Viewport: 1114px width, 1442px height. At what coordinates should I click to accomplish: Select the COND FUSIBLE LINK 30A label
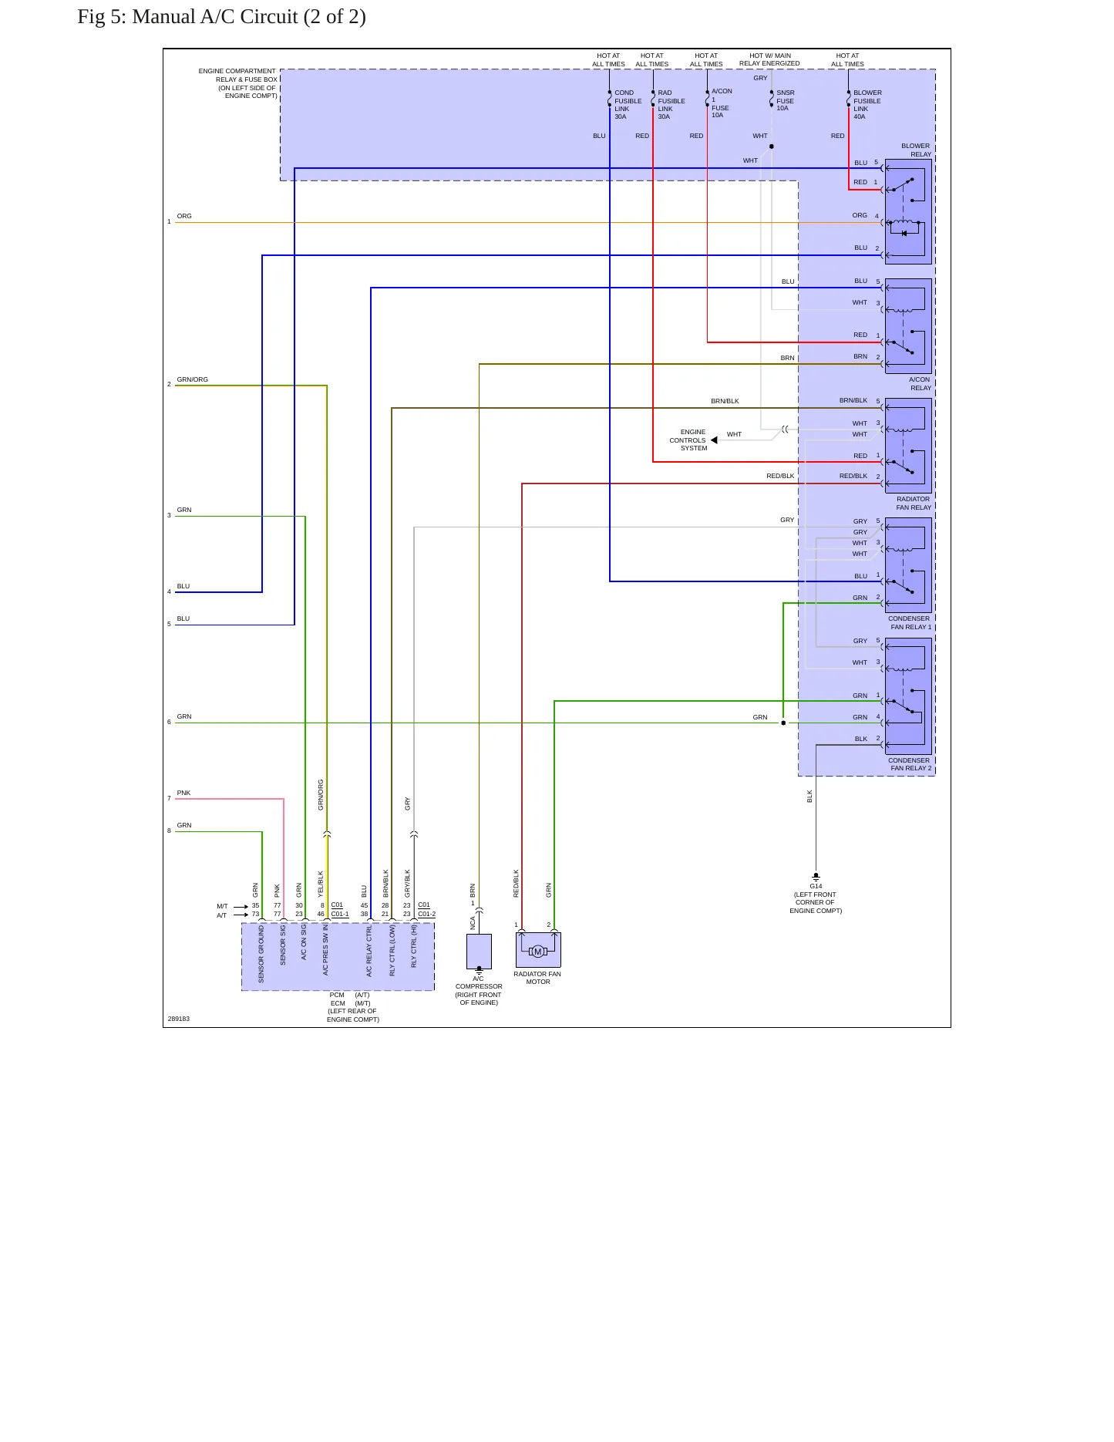[x=628, y=105]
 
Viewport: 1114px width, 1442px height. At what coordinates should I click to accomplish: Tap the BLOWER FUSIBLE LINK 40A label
[x=867, y=105]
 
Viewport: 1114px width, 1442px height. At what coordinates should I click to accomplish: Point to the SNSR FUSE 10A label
[x=785, y=100]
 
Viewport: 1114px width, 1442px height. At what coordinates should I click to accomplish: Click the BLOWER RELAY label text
[x=916, y=150]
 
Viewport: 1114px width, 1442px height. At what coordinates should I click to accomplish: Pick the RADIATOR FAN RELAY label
[x=914, y=503]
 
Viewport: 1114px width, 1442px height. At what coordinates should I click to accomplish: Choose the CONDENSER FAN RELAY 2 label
[x=910, y=764]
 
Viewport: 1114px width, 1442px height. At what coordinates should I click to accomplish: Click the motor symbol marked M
[x=538, y=952]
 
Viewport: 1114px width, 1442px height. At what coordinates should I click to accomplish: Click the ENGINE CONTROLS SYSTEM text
[x=688, y=440]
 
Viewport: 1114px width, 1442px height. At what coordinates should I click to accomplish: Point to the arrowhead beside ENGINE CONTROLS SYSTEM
[x=714, y=440]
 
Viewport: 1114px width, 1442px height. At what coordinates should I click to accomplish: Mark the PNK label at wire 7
[x=183, y=793]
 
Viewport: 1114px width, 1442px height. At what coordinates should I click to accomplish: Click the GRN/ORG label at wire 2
[x=193, y=379]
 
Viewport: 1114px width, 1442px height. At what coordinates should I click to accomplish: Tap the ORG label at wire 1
[x=184, y=216]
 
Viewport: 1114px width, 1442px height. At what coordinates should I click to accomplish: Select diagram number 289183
[x=179, y=1019]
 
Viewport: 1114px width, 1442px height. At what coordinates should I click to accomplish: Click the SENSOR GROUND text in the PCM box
[x=261, y=954]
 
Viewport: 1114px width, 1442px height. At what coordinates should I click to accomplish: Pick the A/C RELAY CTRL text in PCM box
[x=369, y=952]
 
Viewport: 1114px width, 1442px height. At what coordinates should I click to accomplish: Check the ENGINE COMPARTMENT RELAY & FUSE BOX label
[x=237, y=83]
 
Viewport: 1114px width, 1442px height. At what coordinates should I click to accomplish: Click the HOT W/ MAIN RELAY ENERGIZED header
[x=769, y=59]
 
